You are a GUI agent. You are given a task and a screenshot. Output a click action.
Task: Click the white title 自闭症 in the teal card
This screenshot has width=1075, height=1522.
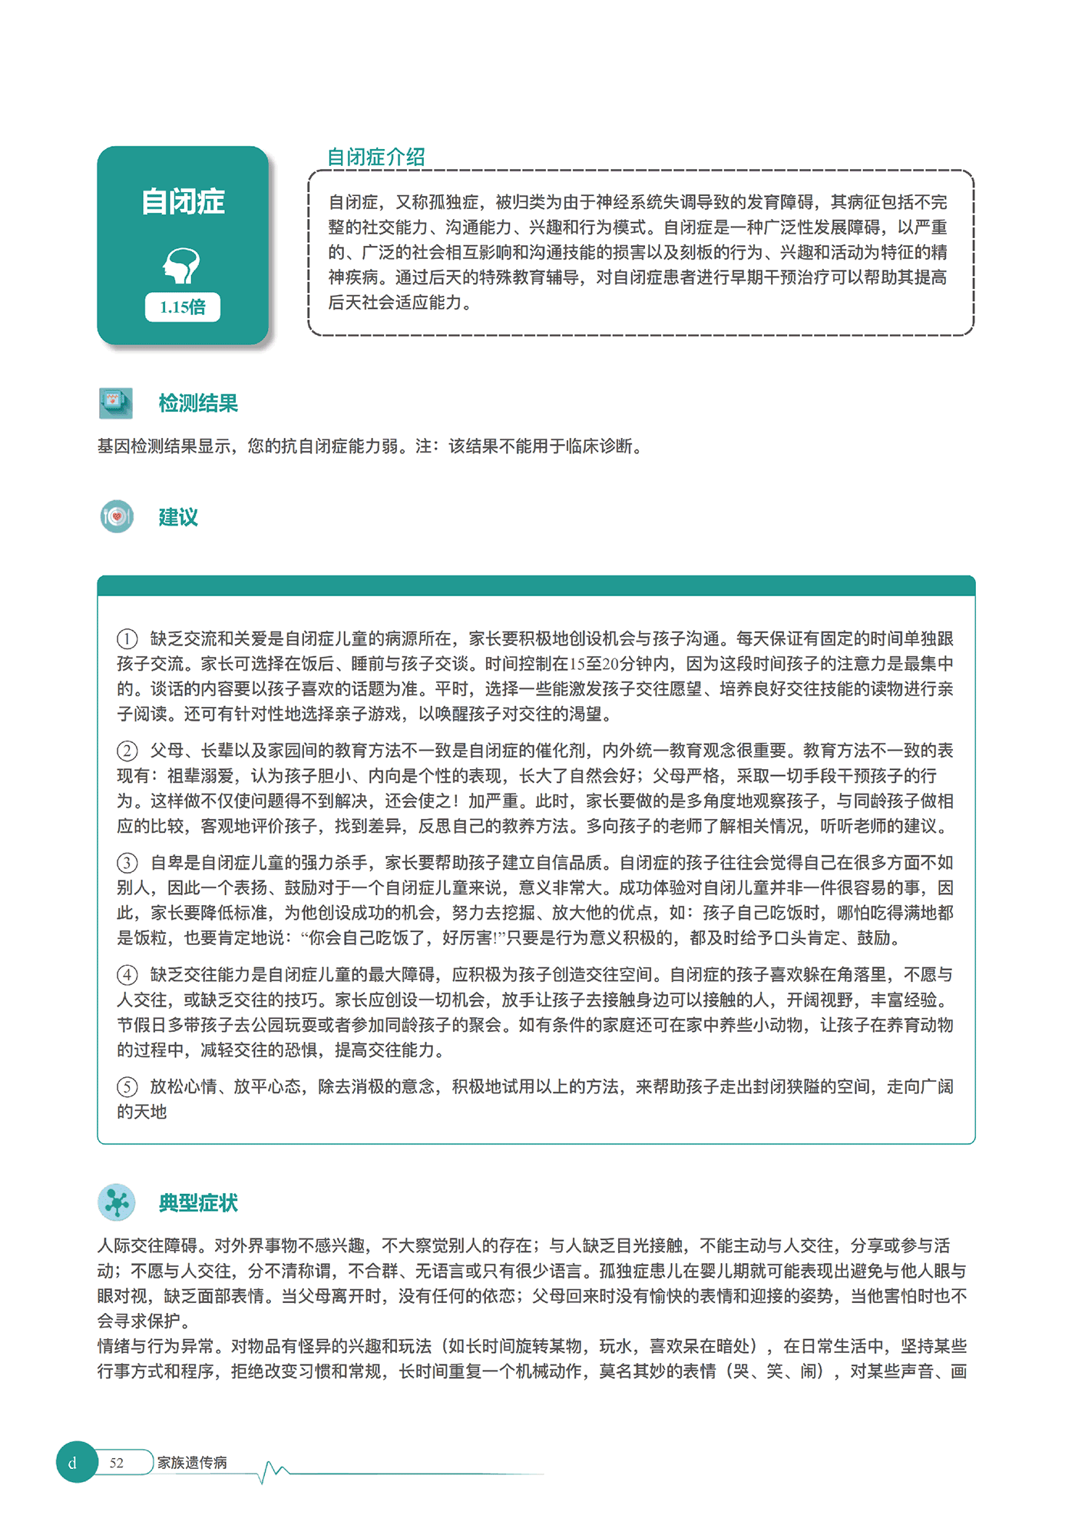183,202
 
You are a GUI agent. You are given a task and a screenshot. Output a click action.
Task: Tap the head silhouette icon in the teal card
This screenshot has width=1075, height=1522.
182,266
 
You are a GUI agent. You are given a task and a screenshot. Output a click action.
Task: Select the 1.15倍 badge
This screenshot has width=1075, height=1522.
183,307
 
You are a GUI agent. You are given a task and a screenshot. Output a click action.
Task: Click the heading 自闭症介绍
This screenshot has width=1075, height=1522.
376,158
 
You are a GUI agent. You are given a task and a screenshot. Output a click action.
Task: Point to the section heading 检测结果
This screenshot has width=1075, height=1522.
198,403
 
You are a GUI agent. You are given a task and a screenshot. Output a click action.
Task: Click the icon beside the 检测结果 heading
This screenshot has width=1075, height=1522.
116,403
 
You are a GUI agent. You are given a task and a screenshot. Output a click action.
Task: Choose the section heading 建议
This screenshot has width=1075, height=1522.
178,517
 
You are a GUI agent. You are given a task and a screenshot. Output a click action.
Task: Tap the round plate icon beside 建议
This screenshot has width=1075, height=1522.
117,517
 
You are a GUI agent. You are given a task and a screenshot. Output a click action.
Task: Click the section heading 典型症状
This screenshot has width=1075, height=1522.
198,1203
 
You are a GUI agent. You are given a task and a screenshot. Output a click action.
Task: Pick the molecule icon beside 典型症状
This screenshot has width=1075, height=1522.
117,1203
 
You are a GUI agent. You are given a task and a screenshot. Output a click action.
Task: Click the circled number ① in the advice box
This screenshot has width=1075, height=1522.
127,639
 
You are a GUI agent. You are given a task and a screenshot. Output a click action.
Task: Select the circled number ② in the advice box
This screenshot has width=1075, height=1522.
127,751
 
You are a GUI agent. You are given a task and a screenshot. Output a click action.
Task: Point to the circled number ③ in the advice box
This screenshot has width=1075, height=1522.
127,864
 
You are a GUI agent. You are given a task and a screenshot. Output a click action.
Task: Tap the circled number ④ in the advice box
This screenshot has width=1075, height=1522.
127,976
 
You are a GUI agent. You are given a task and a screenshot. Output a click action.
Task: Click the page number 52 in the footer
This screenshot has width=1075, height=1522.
117,1463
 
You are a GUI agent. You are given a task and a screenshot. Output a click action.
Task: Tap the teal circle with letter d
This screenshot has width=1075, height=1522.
75,1463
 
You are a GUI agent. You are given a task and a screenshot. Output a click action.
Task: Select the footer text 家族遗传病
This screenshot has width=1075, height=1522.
192,1463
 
